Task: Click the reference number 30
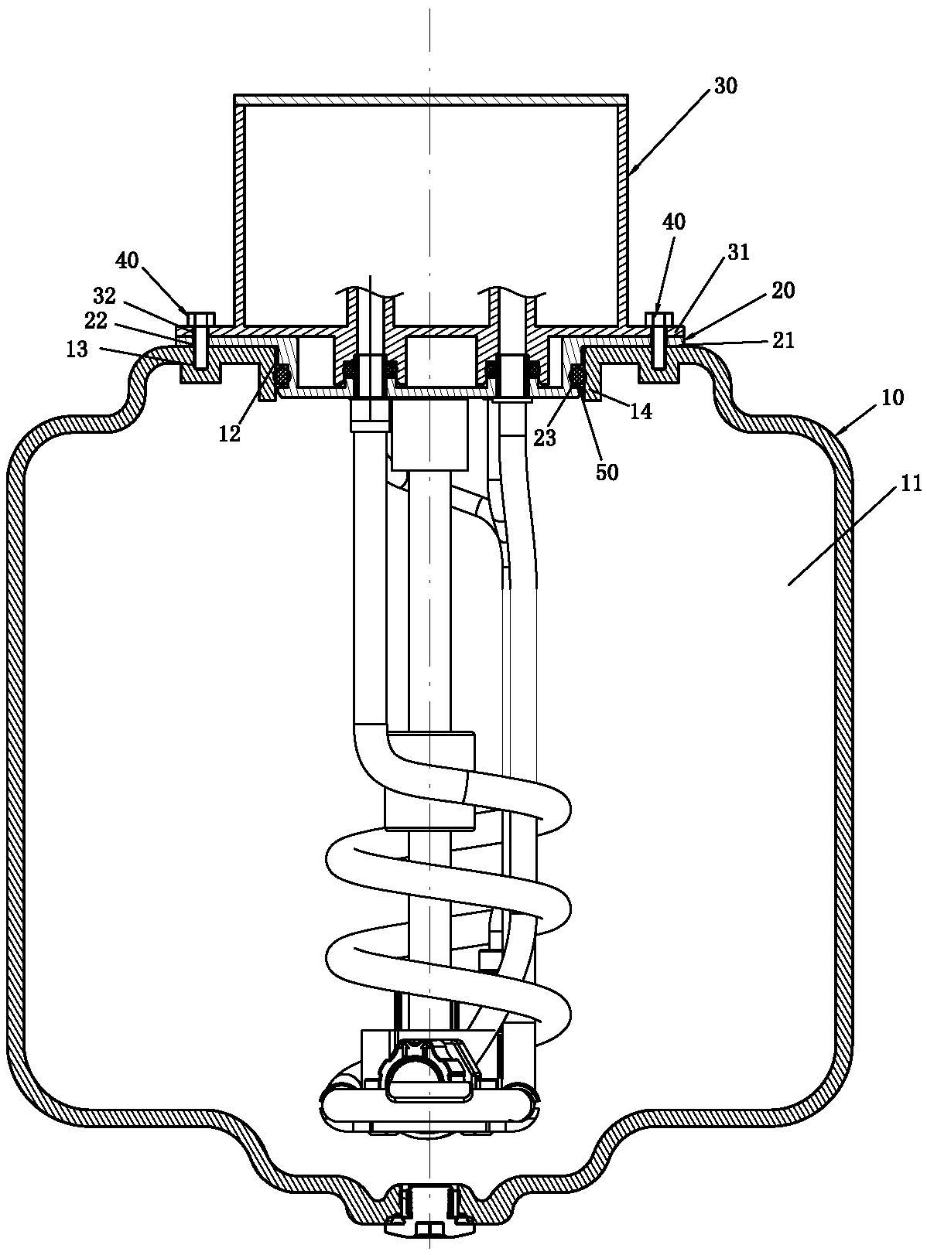click(x=726, y=87)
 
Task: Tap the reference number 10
click(x=892, y=397)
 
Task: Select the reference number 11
click(x=911, y=484)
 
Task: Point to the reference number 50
click(x=607, y=472)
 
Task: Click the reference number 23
click(x=545, y=438)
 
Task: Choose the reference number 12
click(x=229, y=434)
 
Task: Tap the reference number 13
click(x=77, y=349)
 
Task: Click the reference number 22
click(x=95, y=320)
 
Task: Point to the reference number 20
click(x=782, y=290)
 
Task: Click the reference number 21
click(x=783, y=340)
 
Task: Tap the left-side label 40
click(x=128, y=261)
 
